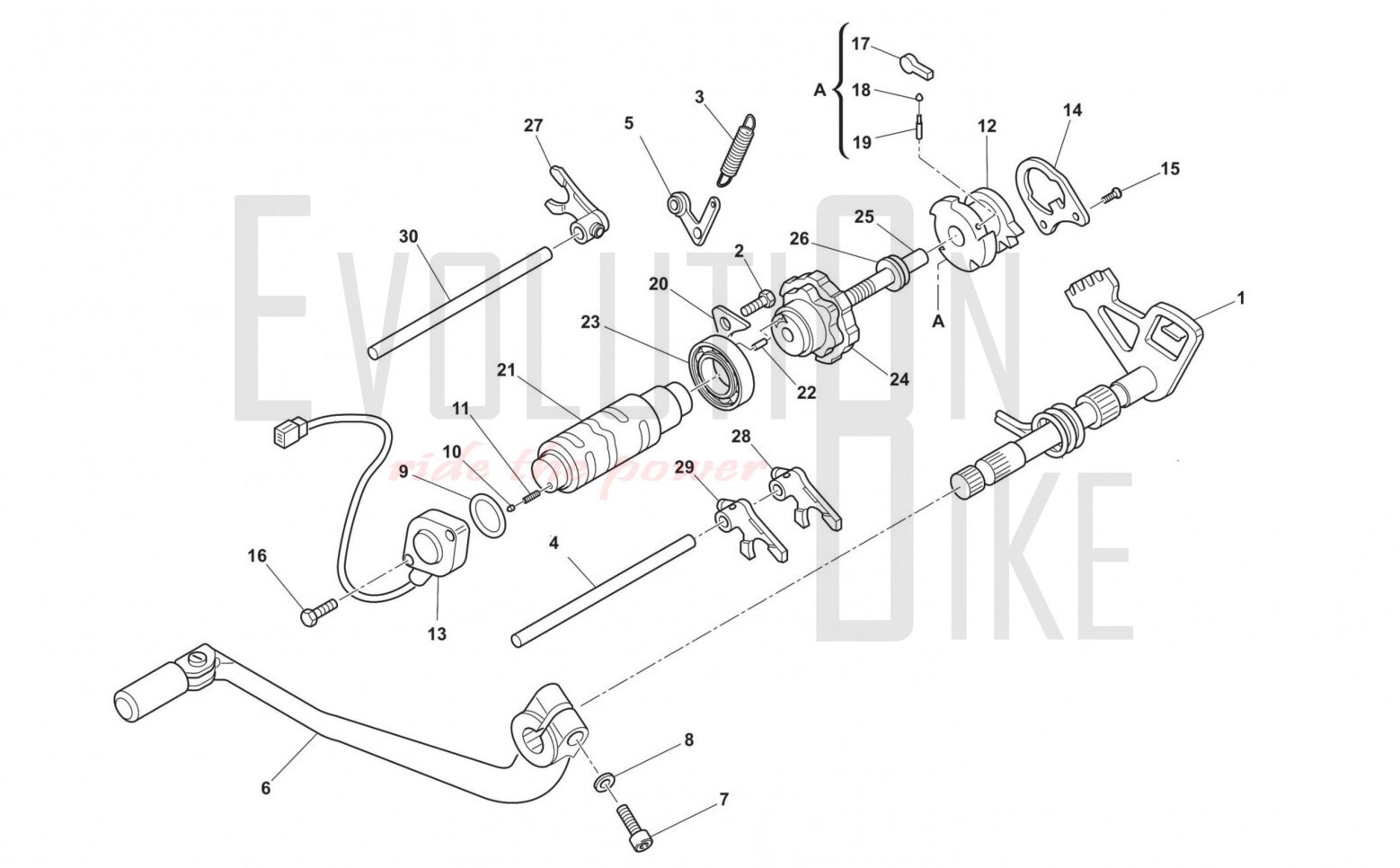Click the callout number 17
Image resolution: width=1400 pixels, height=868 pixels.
(x=861, y=44)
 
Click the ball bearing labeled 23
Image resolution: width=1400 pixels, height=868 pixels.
(x=722, y=374)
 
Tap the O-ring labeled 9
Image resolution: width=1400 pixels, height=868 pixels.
(x=488, y=514)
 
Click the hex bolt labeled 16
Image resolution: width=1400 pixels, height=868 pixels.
(x=318, y=611)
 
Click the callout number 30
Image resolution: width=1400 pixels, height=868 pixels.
(x=408, y=236)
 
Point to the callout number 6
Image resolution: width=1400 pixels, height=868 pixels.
(x=266, y=788)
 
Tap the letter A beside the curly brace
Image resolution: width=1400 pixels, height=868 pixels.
(x=820, y=90)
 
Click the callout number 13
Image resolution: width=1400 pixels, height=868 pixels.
(x=437, y=633)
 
